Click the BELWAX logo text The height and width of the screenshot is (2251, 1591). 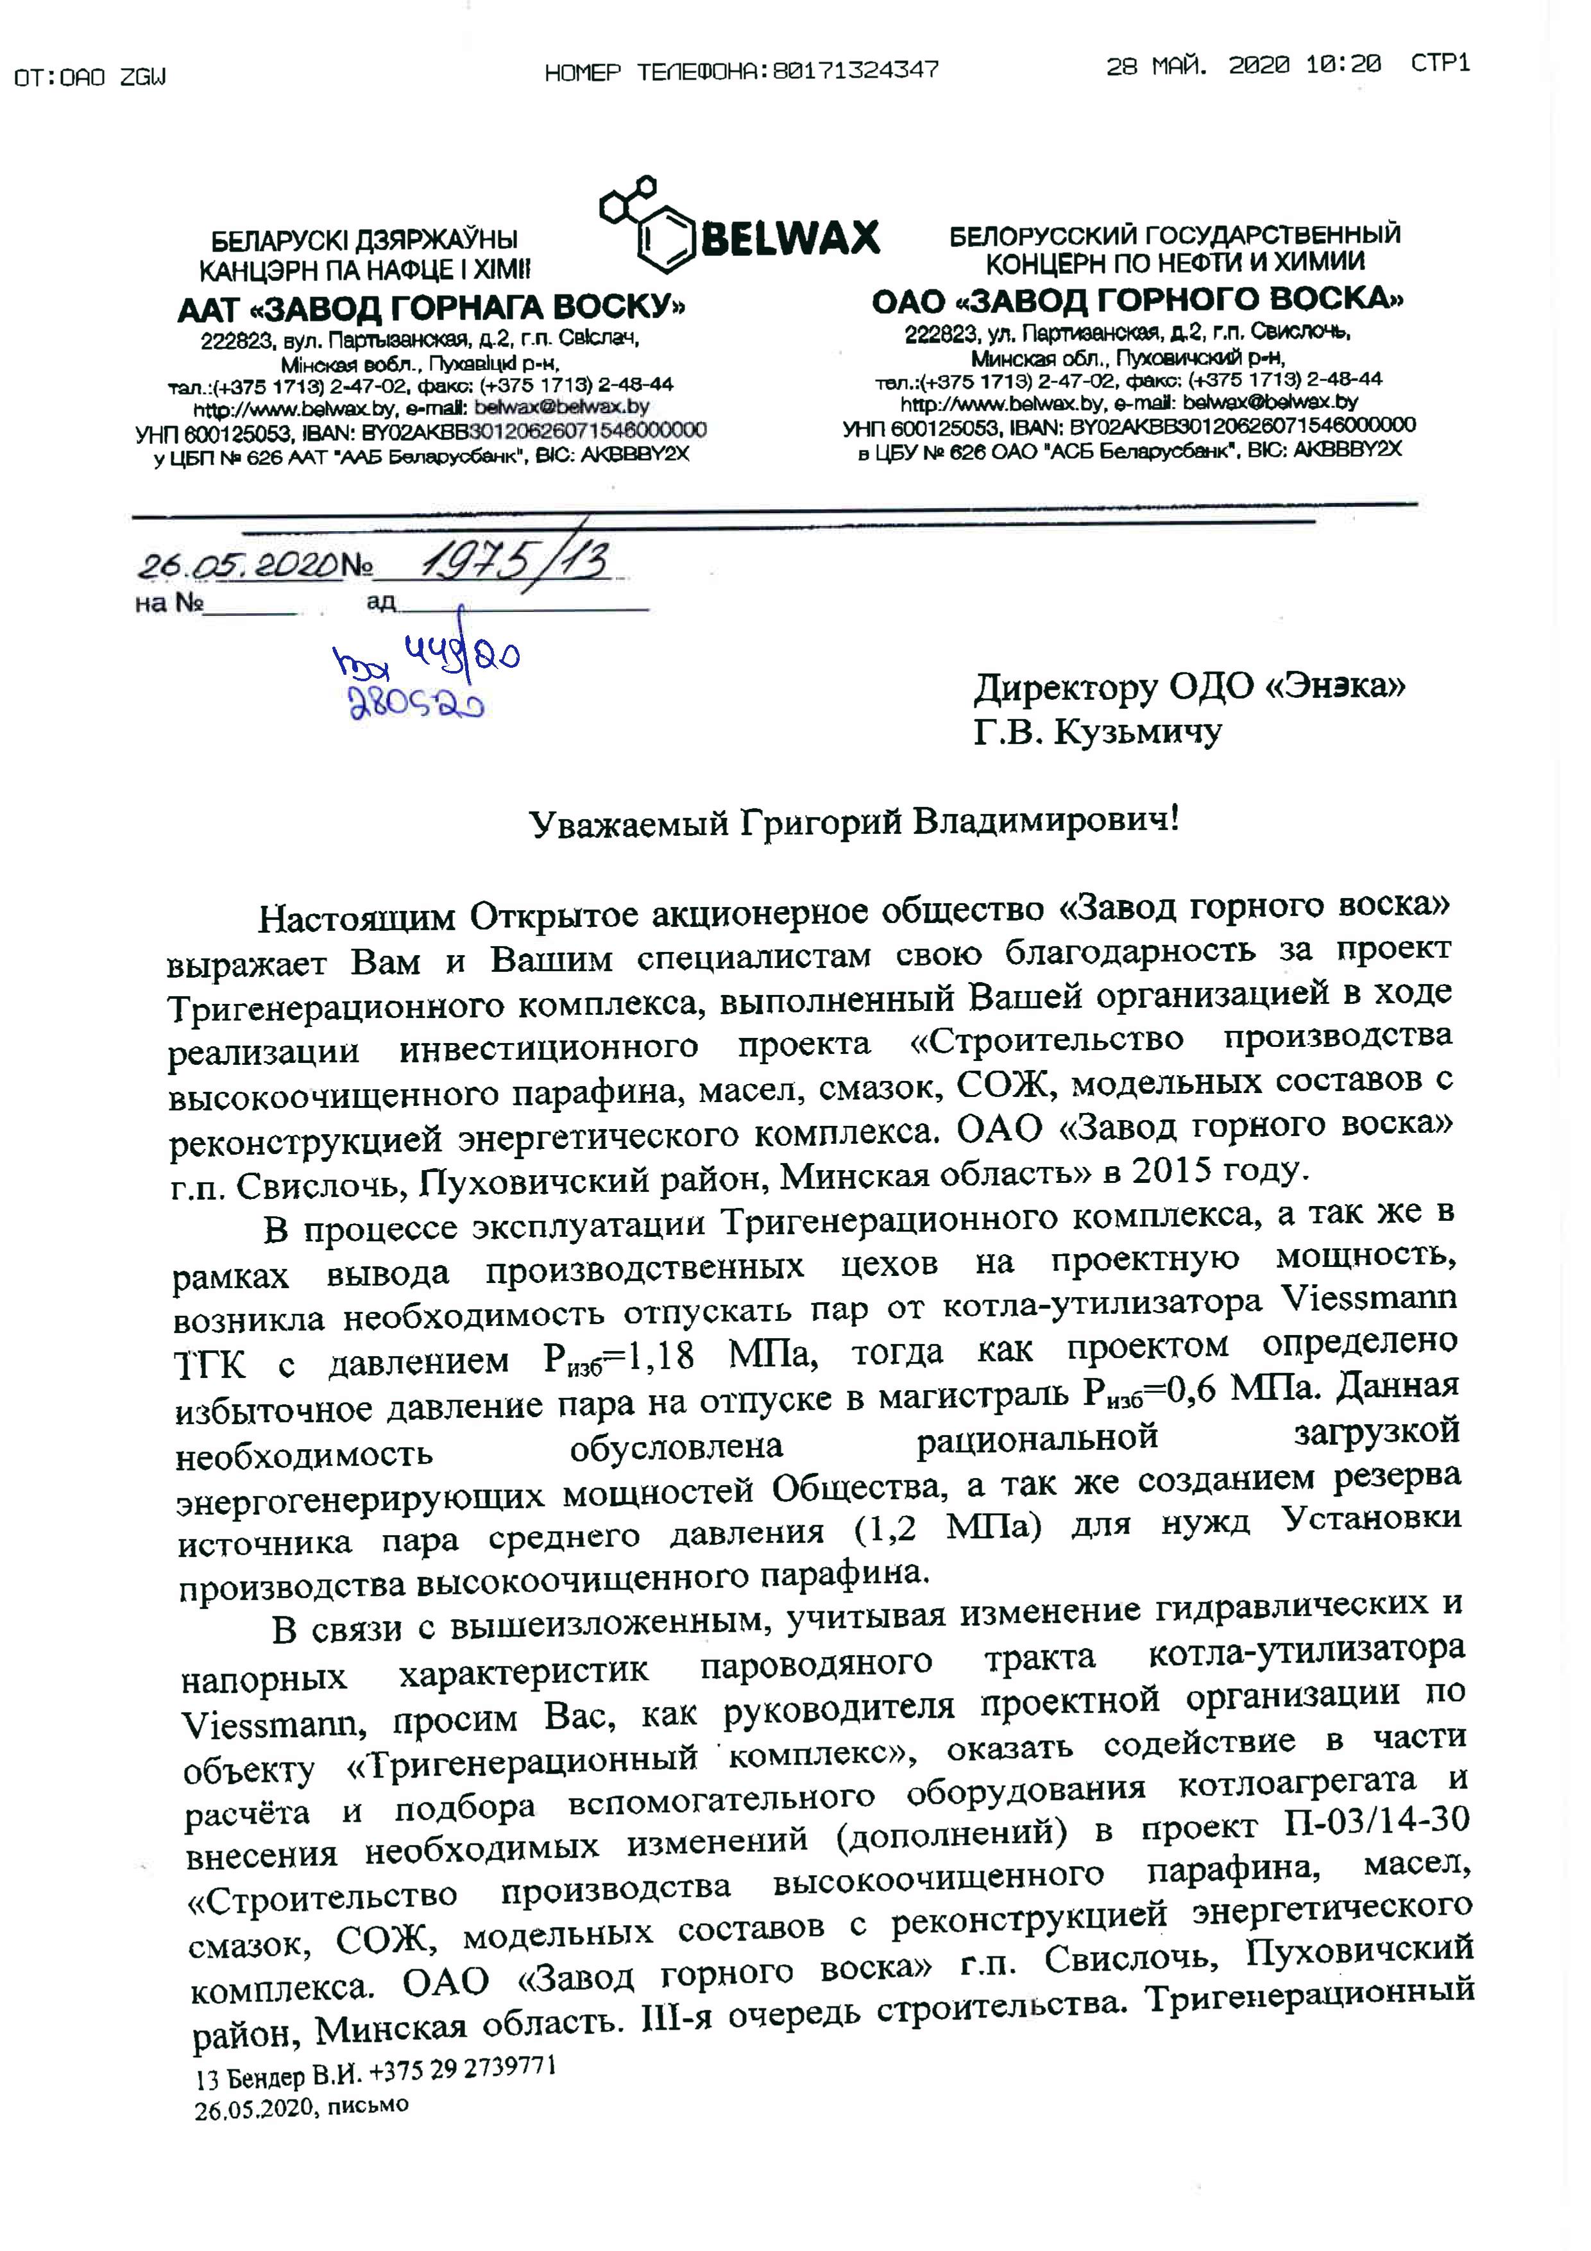(791, 238)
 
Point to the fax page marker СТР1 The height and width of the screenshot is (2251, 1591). (1440, 65)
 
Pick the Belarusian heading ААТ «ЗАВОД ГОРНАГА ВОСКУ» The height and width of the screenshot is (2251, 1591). (431, 309)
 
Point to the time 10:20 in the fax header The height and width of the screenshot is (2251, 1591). (1343, 65)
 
